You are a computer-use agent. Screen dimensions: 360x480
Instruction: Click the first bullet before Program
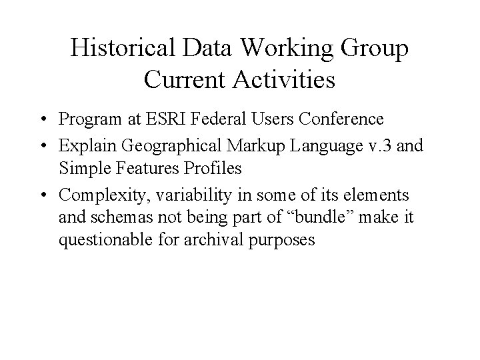[x=41, y=120]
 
